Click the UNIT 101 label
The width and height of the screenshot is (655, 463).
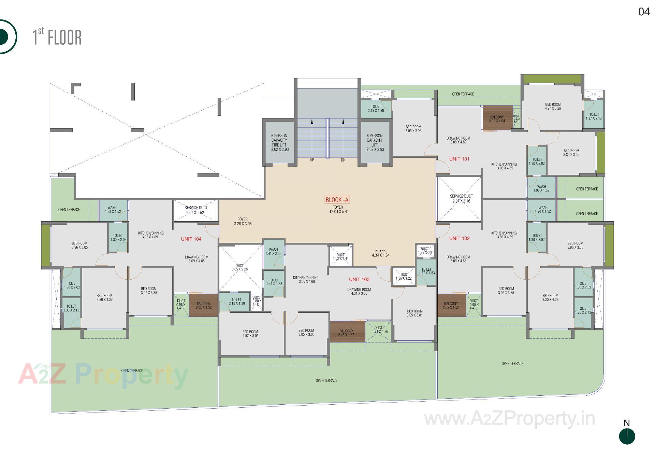459,159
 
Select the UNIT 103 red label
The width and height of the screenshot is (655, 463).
359,279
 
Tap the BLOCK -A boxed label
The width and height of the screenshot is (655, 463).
337,200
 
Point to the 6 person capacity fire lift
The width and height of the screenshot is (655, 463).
279,142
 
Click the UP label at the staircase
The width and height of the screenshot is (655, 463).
312,160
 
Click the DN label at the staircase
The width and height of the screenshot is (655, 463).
343,160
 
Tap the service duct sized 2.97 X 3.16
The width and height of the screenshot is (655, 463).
461,198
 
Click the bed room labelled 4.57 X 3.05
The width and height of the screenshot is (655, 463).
250,334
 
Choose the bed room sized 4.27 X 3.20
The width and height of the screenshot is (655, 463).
553,107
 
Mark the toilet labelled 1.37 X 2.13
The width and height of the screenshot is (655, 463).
594,116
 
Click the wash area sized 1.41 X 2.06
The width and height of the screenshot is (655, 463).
273,252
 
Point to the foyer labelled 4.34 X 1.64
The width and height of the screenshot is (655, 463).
380,253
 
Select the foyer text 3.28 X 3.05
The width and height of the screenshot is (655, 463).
243,222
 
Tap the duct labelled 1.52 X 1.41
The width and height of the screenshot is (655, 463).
340,256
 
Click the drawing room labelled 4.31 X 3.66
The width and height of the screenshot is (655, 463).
359,291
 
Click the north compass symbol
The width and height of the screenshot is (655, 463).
627,436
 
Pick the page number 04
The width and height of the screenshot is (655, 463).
644,12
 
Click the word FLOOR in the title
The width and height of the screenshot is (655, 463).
65,38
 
